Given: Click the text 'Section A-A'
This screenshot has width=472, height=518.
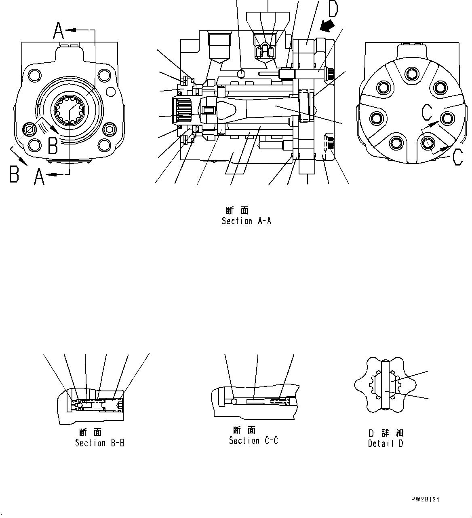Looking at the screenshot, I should coord(246,221).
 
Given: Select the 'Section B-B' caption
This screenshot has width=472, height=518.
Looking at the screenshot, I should coord(99,443).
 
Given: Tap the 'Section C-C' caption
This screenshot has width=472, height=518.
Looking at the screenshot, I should coord(253,441).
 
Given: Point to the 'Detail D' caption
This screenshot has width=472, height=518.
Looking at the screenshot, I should coord(385,444).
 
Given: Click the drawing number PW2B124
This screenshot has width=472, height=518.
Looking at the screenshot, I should coord(425,500).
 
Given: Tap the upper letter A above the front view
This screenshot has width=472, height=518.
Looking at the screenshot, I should coord(59,31).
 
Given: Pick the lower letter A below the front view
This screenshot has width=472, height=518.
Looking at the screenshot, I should coord(39,177).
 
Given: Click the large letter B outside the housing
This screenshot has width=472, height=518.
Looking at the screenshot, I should coord(14,174).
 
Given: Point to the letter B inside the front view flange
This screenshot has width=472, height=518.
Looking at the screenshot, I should coord(53,146).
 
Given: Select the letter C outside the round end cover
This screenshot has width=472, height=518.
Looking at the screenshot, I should coord(457,157).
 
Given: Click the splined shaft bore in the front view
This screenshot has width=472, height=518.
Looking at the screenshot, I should coord(70,108).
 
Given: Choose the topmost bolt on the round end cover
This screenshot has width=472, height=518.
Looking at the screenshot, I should coord(412,74).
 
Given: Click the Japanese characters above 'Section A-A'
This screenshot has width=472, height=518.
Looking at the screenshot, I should coord(237,210).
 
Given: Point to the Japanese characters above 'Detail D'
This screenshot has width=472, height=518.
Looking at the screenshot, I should coord(386,433).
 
